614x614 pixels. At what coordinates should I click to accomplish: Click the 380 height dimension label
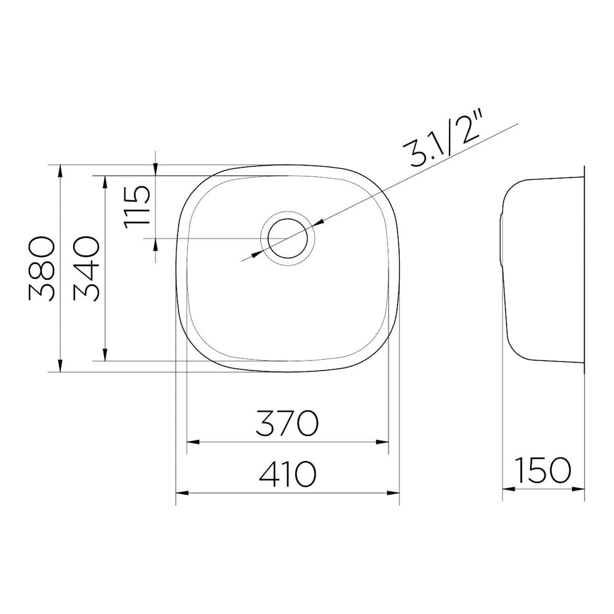[41, 269]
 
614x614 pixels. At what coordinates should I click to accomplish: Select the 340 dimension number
[86, 269]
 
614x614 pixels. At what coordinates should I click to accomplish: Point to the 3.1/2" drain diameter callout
[446, 138]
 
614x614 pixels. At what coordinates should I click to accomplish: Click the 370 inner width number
[287, 423]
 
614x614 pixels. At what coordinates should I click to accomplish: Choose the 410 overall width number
[287, 474]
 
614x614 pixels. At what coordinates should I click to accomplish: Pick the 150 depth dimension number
[543, 470]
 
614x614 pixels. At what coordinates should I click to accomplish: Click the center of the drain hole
[288, 239]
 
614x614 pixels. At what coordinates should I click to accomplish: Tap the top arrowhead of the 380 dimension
[60, 171]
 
